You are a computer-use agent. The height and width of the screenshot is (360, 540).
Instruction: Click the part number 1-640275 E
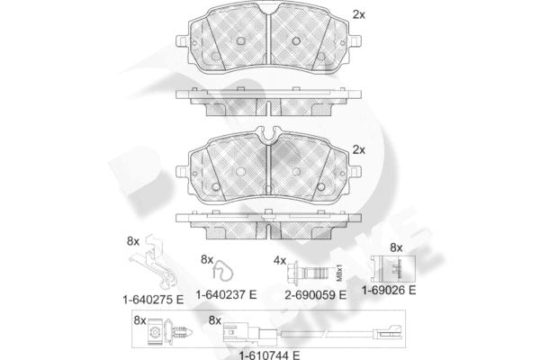click(x=153, y=300)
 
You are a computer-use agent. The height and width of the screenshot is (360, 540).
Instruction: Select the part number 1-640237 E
click(x=226, y=294)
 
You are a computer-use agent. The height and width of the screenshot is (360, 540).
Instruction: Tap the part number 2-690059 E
click(x=316, y=295)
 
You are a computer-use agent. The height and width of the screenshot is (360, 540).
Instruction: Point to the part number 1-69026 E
click(x=389, y=290)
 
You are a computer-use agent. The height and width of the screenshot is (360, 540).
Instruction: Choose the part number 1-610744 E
click(x=270, y=355)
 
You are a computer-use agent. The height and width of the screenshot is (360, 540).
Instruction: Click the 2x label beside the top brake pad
click(x=358, y=14)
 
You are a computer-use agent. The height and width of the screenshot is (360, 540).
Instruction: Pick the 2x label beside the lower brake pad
click(x=358, y=150)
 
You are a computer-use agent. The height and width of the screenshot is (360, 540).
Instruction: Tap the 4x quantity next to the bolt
click(x=280, y=261)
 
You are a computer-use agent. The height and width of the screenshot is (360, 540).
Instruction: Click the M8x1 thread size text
click(x=339, y=273)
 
